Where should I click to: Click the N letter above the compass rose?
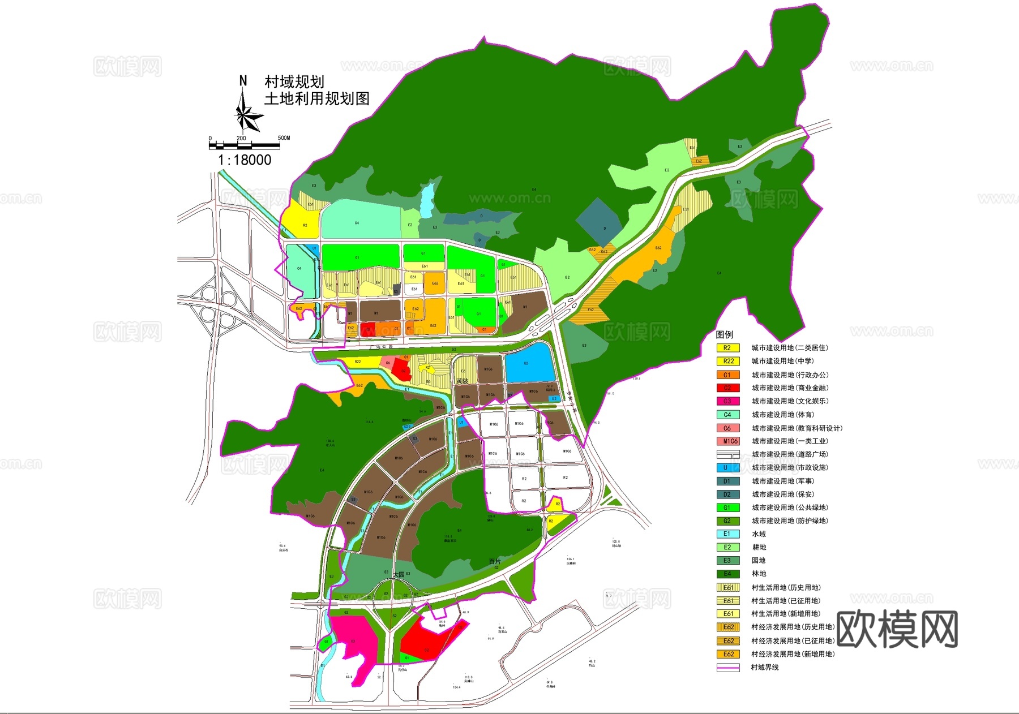coord(243,81)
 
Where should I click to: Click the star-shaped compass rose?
coord(247,116)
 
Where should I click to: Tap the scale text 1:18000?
coord(245,160)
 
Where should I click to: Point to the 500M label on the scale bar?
coord(284,137)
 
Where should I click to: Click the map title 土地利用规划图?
coord(317,98)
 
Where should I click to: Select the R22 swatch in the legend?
coord(728,361)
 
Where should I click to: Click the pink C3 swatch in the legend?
coord(728,401)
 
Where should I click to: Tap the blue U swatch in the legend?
coord(728,468)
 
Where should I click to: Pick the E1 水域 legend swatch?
coord(728,534)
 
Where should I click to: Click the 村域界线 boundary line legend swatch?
coord(728,668)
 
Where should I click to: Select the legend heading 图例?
coord(725,334)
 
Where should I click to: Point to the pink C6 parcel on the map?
coord(388,363)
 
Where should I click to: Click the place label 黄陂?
coord(463,381)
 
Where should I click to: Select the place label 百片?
coord(495,561)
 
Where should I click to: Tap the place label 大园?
coord(399,575)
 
